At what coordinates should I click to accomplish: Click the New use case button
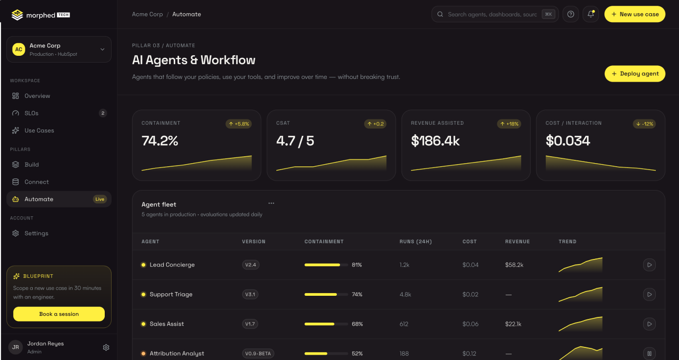coord(635,14)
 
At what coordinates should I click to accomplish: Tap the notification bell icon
coord(591,14)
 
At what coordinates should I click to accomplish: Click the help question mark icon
coord(571,14)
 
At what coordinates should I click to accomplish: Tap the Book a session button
coord(59,314)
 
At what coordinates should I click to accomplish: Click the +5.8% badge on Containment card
coord(238,124)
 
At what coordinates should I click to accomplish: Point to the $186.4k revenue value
coord(435,141)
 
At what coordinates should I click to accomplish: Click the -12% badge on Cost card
coord(644,124)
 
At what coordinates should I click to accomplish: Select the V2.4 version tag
coord(251,265)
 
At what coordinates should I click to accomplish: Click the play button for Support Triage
coord(650,294)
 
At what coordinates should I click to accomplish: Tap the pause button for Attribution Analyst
coord(650,353)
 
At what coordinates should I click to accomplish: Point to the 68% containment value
coord(357,324)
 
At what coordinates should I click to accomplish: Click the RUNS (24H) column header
coord(416,242)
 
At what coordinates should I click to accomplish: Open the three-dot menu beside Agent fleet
coord(271,203)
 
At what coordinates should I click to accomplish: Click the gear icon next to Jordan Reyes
coord(106,347)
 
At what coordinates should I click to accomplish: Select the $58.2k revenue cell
coord(514,265)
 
